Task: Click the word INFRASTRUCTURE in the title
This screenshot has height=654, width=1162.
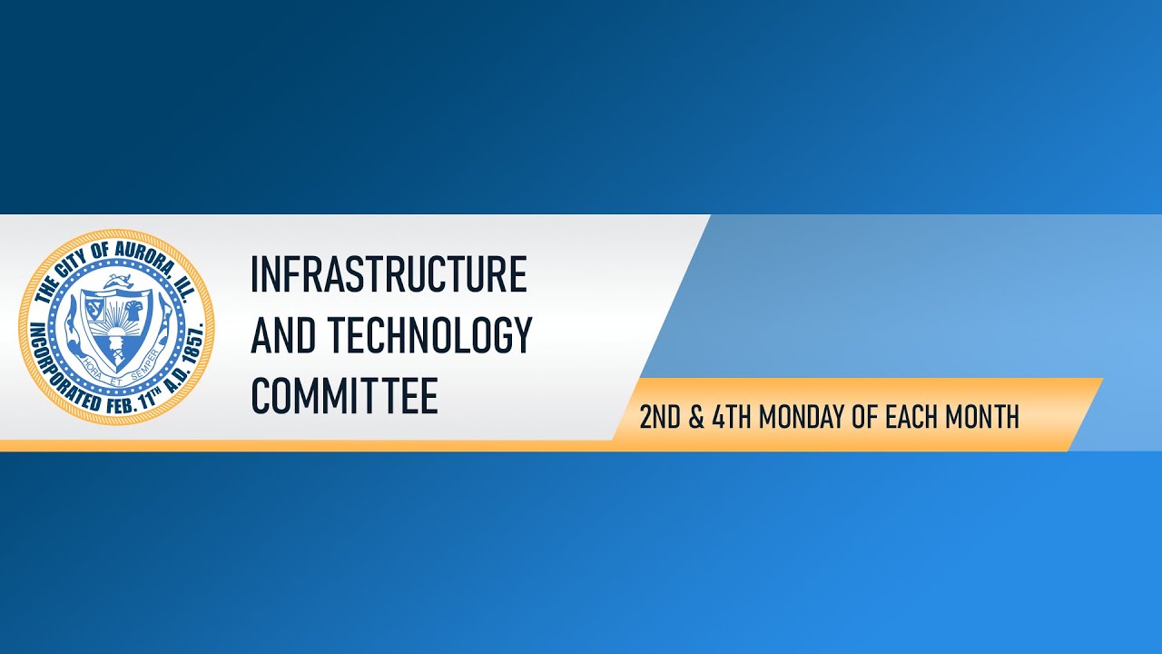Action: coord(389,275)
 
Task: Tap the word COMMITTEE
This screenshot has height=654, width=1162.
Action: coord(344,396)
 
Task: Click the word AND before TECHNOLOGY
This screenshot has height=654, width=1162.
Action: coord(284,335)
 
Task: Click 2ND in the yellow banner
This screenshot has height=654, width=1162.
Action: coord(660,418)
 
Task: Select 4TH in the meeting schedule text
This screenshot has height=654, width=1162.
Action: coord(732,418)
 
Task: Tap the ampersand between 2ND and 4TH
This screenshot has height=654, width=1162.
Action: coord(696,418)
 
